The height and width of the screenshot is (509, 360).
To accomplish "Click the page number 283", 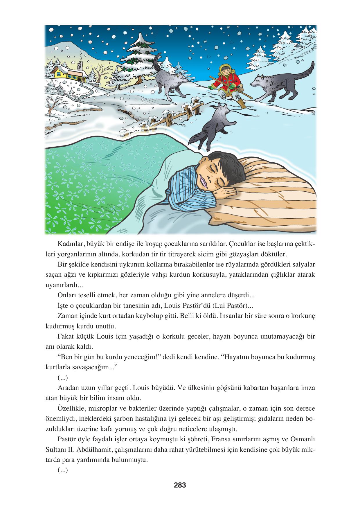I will coord(180,485).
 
